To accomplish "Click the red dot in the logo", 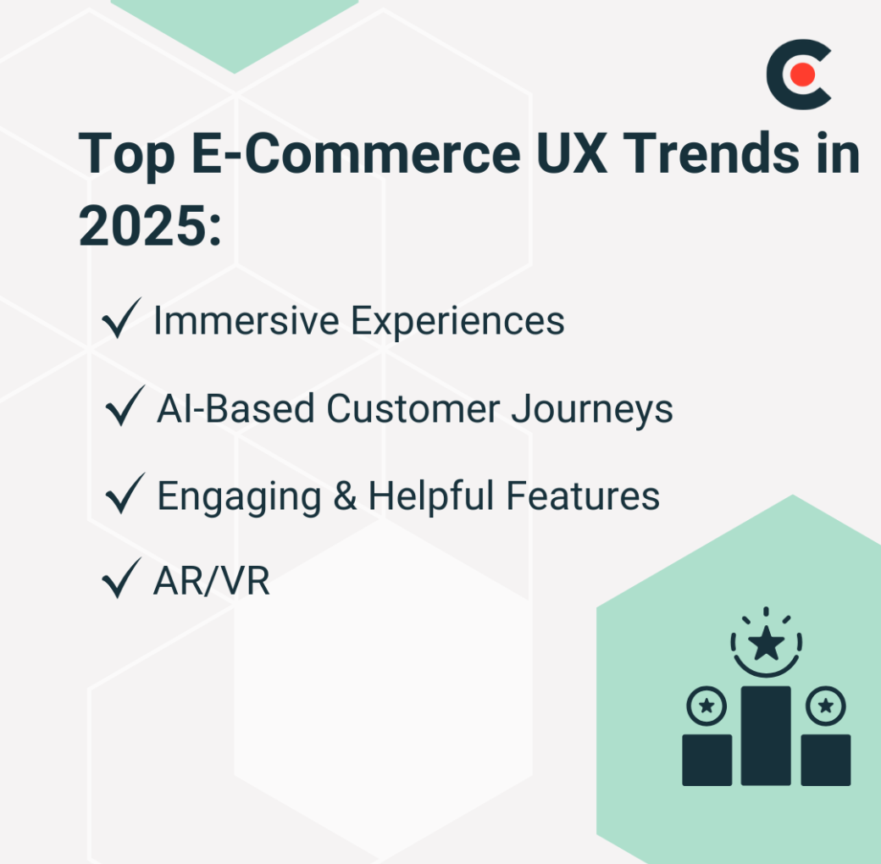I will [802, 75].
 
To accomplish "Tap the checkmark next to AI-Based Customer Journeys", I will [124, 409].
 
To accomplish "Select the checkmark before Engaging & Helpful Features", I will [124, 496].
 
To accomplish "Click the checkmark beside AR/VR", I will [120, 582].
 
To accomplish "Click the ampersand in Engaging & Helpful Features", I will [345, 496].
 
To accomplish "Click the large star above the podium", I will [767, 645].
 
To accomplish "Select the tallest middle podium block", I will [766, 735].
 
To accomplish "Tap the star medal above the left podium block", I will [706, 705].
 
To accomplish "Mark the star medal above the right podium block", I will [826, 705].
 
